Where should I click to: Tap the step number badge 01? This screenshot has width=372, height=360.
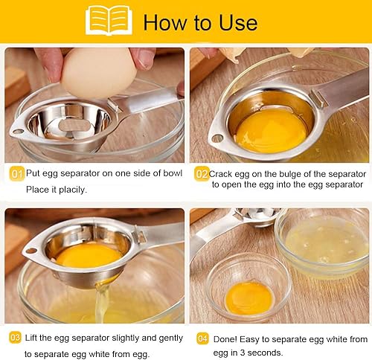pyautogui.click(x=16, y=173)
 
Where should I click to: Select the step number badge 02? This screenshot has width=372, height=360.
pyautogui.click(x=201, y=173)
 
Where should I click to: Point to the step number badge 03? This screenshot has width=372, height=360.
pyautogui.click(x=16, y=337)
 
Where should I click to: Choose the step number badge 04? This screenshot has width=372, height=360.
pyautogui.click(x=201, y=337)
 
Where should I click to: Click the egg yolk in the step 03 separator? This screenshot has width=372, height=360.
pyautogui.click(x=88, y=255)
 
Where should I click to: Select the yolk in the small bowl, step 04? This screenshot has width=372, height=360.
pyautogui.click(x=248, y=295)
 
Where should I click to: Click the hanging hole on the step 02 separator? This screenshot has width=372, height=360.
pyautogui.click(x=217, y=138)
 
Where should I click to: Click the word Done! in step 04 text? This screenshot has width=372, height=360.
pyautogui.click(x=227, y=338)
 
